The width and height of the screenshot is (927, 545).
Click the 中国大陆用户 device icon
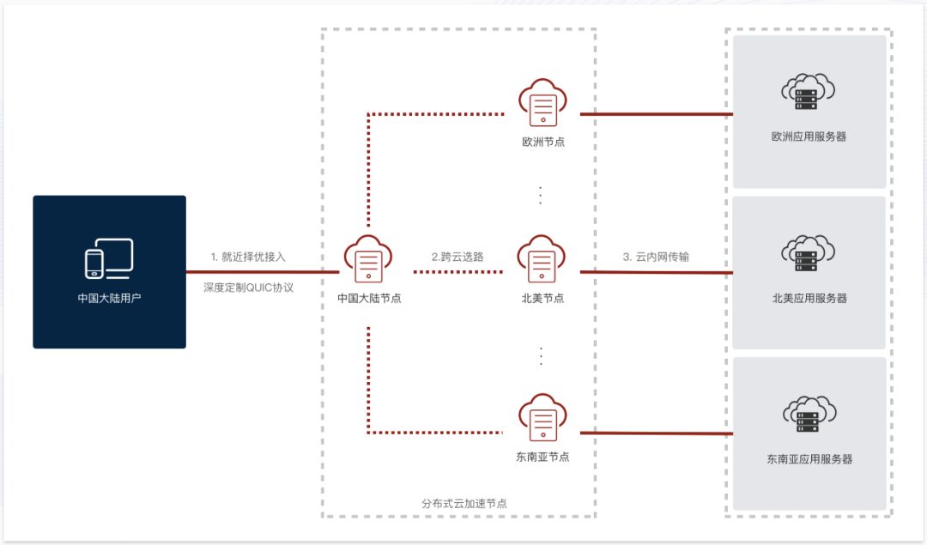tap(109, 258)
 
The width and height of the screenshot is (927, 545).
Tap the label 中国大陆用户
tap(109, 298)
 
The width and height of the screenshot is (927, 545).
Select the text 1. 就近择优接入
tap(248, 257)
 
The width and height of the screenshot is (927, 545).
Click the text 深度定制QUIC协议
tap(248, 288)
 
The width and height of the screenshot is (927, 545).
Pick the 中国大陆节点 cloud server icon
tap(367, 259)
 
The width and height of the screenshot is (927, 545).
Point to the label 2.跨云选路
tap(457, 257)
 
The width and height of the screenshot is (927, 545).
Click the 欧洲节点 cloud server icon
tap(542, 103)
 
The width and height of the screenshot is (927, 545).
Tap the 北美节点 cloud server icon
tap(541, 259)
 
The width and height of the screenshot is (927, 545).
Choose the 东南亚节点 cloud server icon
tap(542, 417)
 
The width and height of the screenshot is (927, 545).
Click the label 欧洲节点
tap(543, 142)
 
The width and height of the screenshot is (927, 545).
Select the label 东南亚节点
tap(542, 457)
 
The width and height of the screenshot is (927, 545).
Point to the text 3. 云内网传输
tap(656, 257)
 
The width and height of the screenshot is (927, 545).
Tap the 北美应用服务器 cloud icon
tap(809, 253)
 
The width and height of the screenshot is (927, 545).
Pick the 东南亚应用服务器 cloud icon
tap(809, 414)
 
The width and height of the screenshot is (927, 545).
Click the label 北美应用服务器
tap(809, 298)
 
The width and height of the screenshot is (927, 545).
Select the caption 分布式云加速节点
tap(464, 503)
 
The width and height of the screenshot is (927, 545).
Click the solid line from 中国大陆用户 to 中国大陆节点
tap(263, 272)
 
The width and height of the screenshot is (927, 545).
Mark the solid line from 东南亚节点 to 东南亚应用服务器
tap(657, 433)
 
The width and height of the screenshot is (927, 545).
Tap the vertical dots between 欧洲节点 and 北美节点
tap(541, 195)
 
